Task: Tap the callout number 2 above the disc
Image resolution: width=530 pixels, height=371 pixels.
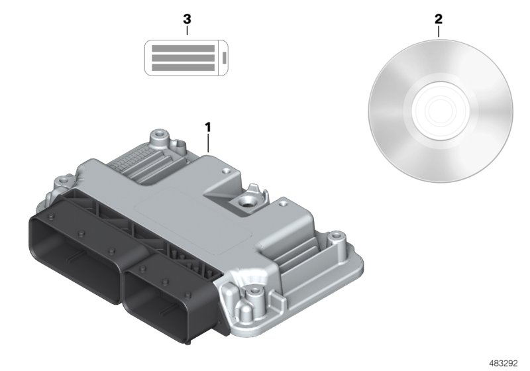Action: [x=438, y=19]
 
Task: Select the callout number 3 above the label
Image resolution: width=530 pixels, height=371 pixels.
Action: [x=187, y=19]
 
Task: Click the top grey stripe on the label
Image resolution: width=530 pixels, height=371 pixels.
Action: [x=184, y=49]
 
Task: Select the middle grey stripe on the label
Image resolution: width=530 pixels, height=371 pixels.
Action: [x=184, y=58]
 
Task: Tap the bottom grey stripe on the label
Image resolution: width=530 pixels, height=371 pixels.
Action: [x=184, y=68]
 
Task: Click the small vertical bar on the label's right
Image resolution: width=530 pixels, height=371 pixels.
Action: [x=225, y=58]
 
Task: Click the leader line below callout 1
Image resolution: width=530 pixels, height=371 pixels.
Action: [x=208, y=142]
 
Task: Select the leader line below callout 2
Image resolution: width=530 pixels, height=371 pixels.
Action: [x=438, y=32]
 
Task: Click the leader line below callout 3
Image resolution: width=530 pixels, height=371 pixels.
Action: [x=187, y=30]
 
